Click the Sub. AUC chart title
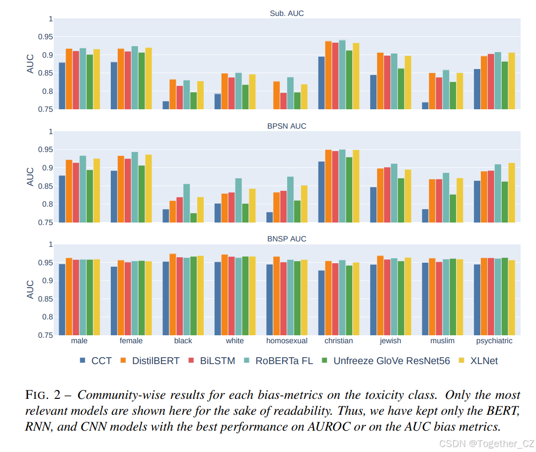coord(283,13)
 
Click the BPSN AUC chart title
coord(287,126)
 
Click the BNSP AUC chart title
coord(287,239)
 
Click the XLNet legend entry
coord(483,361)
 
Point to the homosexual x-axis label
coord(287,341)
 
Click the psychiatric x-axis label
coord(494,341)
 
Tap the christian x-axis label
coord(338,341)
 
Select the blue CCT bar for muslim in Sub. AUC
coord(425,106)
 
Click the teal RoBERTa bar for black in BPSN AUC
coord(186,203)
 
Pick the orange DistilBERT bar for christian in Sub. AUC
coord(328,75)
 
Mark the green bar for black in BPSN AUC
coord(193,218)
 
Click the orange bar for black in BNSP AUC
coord(172,295)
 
